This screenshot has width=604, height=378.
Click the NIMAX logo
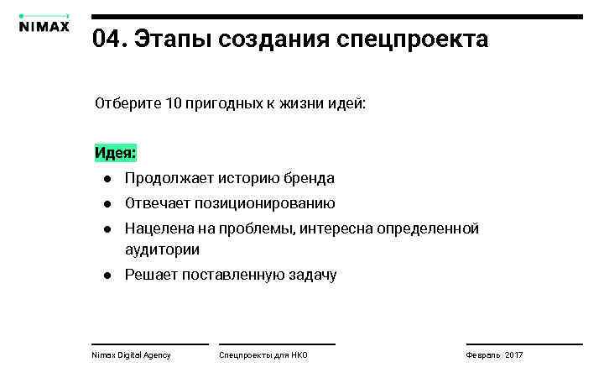tap(44, 25)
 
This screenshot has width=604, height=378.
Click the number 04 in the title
tap(107, 39)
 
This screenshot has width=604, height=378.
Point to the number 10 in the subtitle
tap(174, 105)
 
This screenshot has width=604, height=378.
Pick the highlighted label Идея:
tap(115, 154)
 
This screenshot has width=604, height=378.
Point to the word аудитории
tap(162, 249)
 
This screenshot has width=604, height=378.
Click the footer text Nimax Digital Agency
tap(131, 355)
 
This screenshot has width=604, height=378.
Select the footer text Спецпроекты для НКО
tap(263, 355)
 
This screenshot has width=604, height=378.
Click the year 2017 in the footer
tap(513, 355)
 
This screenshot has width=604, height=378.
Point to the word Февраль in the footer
tap(482, 355)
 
